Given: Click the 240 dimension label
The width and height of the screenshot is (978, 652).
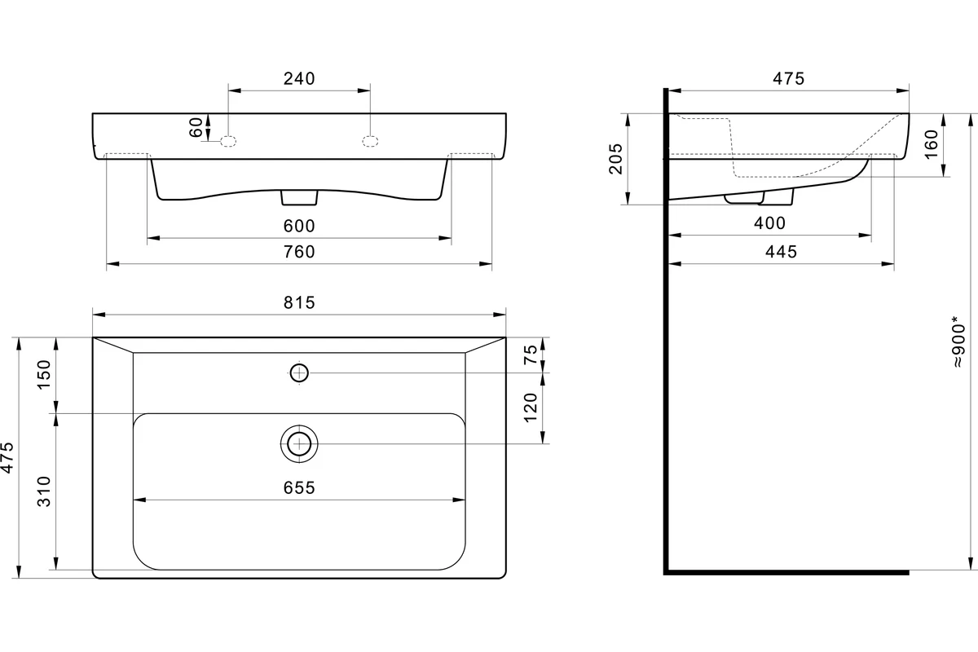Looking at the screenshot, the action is coord(299,78).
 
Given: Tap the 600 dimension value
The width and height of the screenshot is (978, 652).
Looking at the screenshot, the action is coord(299,226).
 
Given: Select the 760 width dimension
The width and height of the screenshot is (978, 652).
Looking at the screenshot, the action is coord(299,252).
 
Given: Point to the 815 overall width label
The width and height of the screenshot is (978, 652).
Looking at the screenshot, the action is coord(299,302).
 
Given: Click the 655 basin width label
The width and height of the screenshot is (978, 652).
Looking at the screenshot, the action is coord(299,487).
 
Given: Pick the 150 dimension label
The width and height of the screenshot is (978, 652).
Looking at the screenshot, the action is coord(44,375).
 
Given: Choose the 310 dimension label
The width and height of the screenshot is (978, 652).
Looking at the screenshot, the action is coord(44,491).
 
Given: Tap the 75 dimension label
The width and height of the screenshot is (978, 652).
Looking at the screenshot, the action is coord(531,355).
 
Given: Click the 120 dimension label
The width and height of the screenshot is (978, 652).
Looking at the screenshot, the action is coord(531,407).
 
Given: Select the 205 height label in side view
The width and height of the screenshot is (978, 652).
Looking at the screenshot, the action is coord(615,159).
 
